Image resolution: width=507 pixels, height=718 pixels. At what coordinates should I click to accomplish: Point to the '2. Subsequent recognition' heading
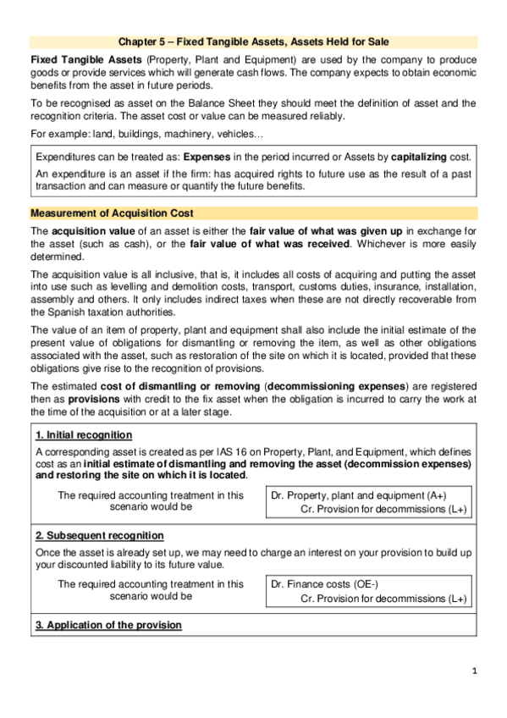99,536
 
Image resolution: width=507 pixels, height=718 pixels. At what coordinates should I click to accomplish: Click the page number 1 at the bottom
475,671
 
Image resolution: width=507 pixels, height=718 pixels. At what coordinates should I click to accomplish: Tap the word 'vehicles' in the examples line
243,134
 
